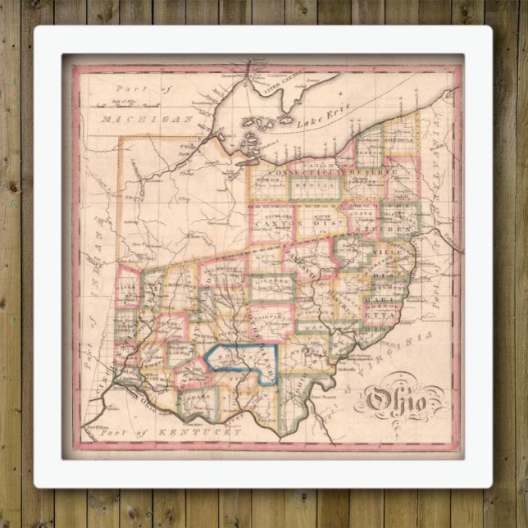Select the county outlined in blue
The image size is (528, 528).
click(x=242, y=364)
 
